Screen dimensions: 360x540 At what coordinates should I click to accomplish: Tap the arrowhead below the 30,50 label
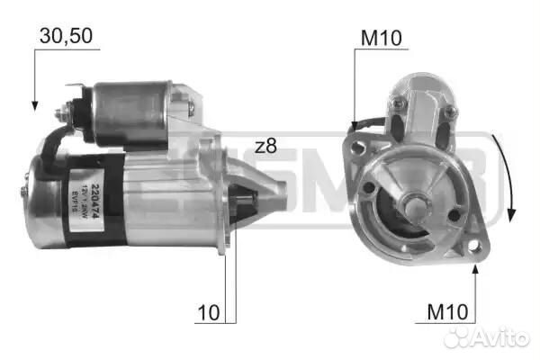pyautogui.click(x=34, y=103)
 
